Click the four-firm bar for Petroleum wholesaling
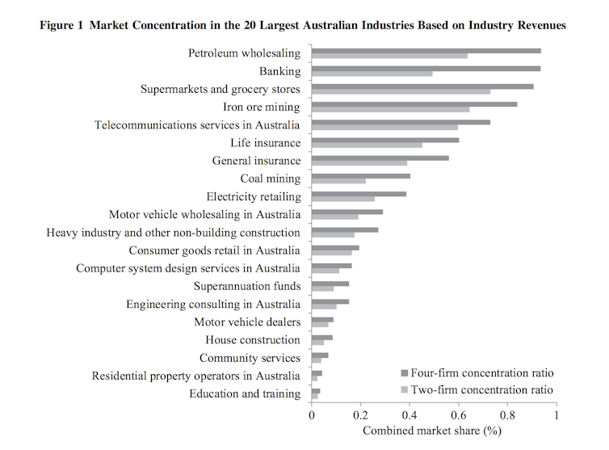[x=426, y=50]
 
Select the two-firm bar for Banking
[x=372, y=74]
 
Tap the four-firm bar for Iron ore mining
[x=414, y=104]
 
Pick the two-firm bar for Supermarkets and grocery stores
[x=401, y=92]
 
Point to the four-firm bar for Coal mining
[x=360, y=175]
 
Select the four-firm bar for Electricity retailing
[x=359, y=193]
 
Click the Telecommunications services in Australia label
[x=197, y=125]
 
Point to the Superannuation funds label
[x=247, y=286]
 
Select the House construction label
[x=253, y=340]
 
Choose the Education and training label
[x=245, y=393]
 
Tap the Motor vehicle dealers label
[x=247, y=322]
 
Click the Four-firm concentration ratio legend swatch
[x=405, y=373]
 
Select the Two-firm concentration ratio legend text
[x=481, y=389]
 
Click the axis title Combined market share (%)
[x=432, y=431]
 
